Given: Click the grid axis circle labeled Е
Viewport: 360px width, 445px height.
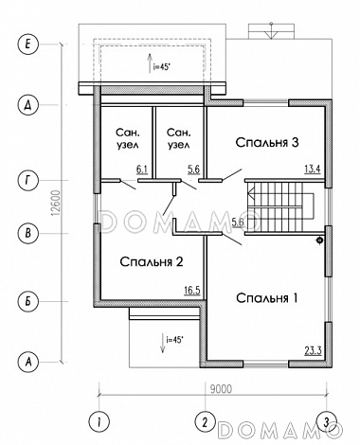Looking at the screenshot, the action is (x=27, y=44).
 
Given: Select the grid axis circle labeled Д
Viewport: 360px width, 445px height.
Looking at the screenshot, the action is (x=27, y=105).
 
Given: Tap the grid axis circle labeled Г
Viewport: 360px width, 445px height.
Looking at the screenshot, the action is (x=27, y=180).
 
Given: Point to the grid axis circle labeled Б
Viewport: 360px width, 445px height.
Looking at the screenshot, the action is (x=27, y=301).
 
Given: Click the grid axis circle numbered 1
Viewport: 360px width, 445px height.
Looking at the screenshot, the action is (x=99, y=421).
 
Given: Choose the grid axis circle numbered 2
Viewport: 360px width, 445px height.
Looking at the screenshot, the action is (x=206, y=421).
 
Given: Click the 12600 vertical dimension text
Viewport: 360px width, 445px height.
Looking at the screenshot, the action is (x=56, y=204).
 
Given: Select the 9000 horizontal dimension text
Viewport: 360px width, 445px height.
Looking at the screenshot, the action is (x=221, y=389).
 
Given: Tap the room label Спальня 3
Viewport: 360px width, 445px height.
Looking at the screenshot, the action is (x=267, y=142).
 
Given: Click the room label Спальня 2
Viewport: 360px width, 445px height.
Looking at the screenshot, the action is (x=152, y=261).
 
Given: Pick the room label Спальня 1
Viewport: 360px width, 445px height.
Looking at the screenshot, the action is (x=267, y=298).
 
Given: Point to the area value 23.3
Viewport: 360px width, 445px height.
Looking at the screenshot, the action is (x=313, y=350).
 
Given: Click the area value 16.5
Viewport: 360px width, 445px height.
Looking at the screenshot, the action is (x=192, y=290).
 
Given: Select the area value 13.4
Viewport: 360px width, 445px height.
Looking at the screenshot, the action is (x=313, y=169).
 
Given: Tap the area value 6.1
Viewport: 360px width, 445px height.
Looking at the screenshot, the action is (x=142, y=169).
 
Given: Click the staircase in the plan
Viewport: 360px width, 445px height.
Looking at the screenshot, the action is (x=279, y=207).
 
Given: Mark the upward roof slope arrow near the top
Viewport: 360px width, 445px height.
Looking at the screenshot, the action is (x=150, y=63).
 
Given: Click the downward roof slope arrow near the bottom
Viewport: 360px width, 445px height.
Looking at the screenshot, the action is (x=162, y=343).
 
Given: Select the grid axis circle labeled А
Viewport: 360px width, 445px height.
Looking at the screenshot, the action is (x=27, y=362).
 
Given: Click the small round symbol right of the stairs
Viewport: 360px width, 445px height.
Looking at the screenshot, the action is (x=319, y=240).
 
